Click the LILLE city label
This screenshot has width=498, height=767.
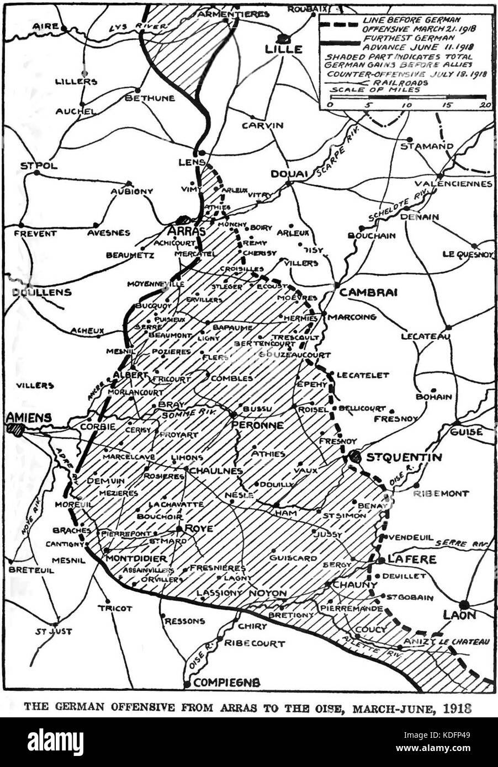284,49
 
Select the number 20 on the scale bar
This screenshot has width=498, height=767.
484,105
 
